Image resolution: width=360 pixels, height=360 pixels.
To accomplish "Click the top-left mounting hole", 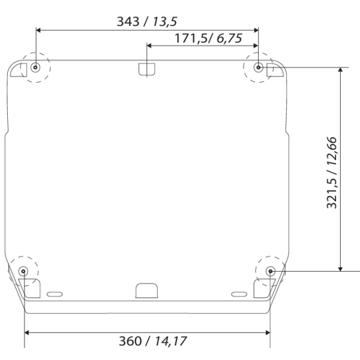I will (36, 67).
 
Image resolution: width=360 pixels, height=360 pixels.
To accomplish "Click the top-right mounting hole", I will (258, 67).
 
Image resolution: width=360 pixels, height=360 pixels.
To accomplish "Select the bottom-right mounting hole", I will (270, 271).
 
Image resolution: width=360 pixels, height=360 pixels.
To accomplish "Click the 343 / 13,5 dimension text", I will (147, 21).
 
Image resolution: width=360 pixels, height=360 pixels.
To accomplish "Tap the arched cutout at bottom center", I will (146, 290).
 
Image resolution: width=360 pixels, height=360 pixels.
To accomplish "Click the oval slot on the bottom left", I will (54, 294).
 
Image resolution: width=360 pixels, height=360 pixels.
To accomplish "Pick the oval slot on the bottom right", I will (239, 294).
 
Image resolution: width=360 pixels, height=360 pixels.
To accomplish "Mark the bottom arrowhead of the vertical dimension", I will (340, 267).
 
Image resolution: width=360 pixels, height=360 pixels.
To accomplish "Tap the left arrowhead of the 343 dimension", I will (40, 29).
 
